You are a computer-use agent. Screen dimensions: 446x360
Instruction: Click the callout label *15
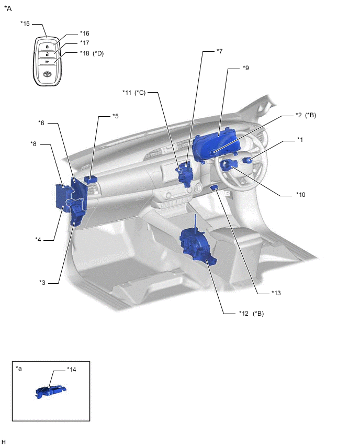tap(25, 24)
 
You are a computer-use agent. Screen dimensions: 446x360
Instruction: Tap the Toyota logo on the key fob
tap(48, 75)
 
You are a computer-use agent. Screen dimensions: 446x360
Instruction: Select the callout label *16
tap(85, 33)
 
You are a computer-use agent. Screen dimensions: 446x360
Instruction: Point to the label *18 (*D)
tap(92, 53)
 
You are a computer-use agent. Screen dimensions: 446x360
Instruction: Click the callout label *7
tap(220, 51)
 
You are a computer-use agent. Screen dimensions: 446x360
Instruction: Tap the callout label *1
tap(300, 139)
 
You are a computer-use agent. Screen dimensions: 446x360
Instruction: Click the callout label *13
tap(276, 293)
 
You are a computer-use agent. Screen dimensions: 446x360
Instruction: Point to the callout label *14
tap(72, 369)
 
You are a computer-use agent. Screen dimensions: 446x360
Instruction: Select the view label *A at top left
tap(8, 8)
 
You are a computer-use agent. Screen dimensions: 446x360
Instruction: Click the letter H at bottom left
tap(4, 442)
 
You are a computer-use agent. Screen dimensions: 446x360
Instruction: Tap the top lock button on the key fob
tap(48, 46)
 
